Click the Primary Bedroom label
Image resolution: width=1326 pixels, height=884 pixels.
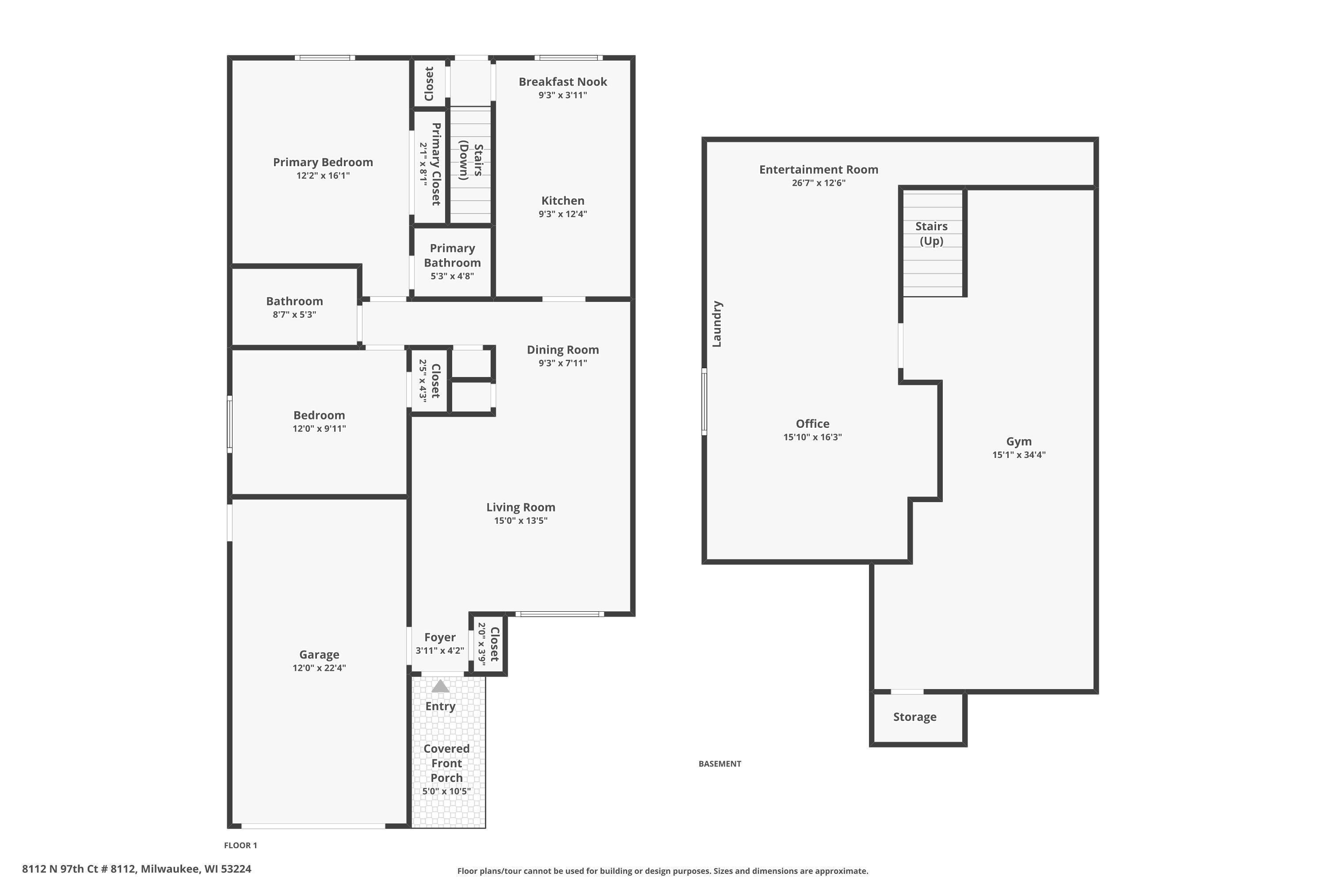[323, 162]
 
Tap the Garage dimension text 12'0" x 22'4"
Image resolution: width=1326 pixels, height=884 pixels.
[319, 668]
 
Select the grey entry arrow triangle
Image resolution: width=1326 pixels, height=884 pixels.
[440, 686]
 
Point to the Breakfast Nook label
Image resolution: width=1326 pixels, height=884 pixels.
[563, 82]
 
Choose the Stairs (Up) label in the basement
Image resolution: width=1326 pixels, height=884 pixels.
[931, 233]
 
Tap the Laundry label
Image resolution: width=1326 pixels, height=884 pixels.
[717, 324]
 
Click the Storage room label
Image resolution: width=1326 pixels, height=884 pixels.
[915, 717]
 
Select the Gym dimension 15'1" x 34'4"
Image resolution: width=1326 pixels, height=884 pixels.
[1019, 455]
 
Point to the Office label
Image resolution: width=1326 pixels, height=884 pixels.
[812, 424]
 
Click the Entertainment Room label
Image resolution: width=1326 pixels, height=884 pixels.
[819, 170]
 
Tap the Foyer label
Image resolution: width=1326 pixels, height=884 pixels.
[440, 638]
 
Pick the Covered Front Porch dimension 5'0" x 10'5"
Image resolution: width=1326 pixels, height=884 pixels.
[446, 792]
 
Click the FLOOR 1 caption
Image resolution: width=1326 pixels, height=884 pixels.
[241, 845]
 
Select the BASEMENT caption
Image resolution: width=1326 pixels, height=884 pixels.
[720, 764]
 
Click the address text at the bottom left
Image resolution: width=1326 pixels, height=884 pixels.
[137, 869]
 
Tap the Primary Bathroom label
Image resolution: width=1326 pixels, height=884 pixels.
[452, 255]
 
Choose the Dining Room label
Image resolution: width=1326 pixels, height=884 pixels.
[563, 350]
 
